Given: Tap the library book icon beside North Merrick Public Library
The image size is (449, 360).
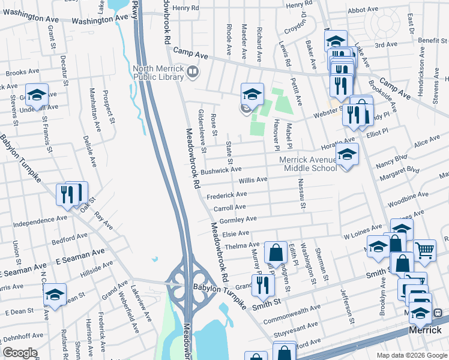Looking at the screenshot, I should pos(193,73).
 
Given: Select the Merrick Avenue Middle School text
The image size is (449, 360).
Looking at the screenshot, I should pos(308,164).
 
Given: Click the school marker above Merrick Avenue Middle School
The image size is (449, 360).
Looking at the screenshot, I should pos(347,155).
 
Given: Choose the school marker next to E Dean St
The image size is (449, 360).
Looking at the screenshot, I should pos(55,295).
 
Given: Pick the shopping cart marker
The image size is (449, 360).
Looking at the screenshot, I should pos(424,250).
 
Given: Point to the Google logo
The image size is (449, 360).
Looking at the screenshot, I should pos(20,353).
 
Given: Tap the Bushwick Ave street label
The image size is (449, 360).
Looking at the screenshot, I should pos(221,170).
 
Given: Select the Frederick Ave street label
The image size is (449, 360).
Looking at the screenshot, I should pos(226,195).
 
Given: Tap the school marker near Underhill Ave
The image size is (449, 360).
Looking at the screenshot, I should pos(37,95).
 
